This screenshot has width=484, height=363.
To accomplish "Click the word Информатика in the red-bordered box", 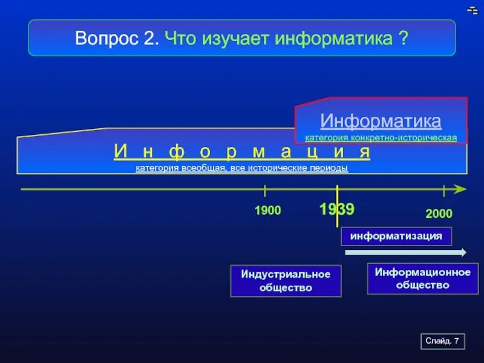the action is tap(381, 121).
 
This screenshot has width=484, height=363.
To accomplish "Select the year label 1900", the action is tap(267, 211).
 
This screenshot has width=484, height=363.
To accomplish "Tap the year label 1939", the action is tap(336, 209).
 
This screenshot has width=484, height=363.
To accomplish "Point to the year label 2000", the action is tap(439, 214).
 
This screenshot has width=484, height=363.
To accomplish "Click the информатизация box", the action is tap(396, 236).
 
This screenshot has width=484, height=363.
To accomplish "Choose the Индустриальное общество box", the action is tap(286, 281).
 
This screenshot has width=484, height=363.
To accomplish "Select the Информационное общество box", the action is tap(422, 278).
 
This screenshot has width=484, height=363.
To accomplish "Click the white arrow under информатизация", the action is tap(405, 253).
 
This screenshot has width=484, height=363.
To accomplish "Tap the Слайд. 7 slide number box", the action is tap(442, 342).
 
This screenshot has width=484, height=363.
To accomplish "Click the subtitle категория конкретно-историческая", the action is tap(381, 138).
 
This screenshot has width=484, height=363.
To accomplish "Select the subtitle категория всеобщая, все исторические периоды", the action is tap(242, 168).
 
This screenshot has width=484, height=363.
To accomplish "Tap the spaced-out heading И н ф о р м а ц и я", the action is tap(242, 152).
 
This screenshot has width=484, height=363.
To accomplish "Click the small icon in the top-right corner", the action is tap(473, 10).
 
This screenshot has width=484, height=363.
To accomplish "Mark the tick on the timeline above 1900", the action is tap(265, 191).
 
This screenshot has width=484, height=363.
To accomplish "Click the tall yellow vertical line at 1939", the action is tap(337, 206).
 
